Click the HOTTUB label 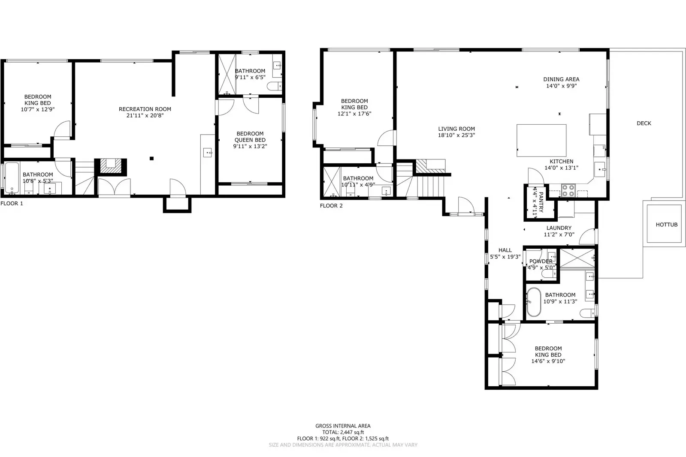click(x=666, y=225)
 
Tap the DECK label click(x=644, y=123)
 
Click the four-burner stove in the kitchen click(x=568, y=190)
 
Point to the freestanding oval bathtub click(x=534, y=302)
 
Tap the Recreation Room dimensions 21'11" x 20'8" click(x=145, y=115)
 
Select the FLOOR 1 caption click(x=12, y=204)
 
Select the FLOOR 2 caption click(x=331, y=206)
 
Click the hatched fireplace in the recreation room click(x=111, y=165)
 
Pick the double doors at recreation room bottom click(x=114, y=187)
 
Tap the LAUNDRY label click(x=559, y=228)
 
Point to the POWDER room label click(x=541, y=261)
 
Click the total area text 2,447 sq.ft click(x=343, y=433)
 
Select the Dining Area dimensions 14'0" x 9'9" click(x=561, y=86)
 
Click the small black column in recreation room click(x=151, y=159)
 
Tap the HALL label click(x=505, y=250)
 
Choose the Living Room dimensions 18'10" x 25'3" click(x=456, y=135)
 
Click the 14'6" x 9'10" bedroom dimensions click(x=548, y=361)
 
